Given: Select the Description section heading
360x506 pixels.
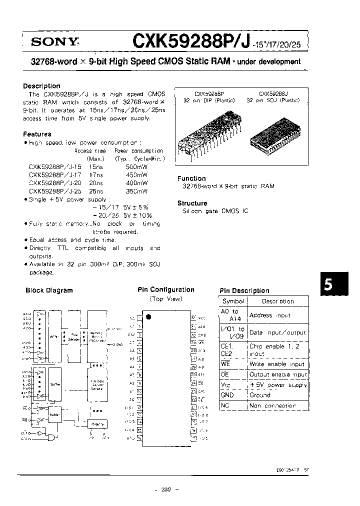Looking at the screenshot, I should [x=41, y=86].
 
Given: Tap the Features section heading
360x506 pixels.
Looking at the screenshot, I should [x=37, y=134].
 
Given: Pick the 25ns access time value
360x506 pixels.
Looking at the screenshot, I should [x=96, y=191].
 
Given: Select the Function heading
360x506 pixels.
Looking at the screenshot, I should [x=191, y=178].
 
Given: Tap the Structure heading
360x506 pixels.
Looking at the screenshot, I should [x=192, y=203].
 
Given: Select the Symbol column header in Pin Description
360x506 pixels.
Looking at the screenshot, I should [x=233, y=301].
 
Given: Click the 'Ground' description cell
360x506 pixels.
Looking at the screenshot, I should [x=259, y=395].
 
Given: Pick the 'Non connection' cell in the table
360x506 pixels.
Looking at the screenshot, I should [x=272, y=405].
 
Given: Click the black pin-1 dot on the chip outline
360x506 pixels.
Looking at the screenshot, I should [x=147, y=316].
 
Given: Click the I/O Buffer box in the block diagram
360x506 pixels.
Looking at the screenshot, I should [x=98, y=423].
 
